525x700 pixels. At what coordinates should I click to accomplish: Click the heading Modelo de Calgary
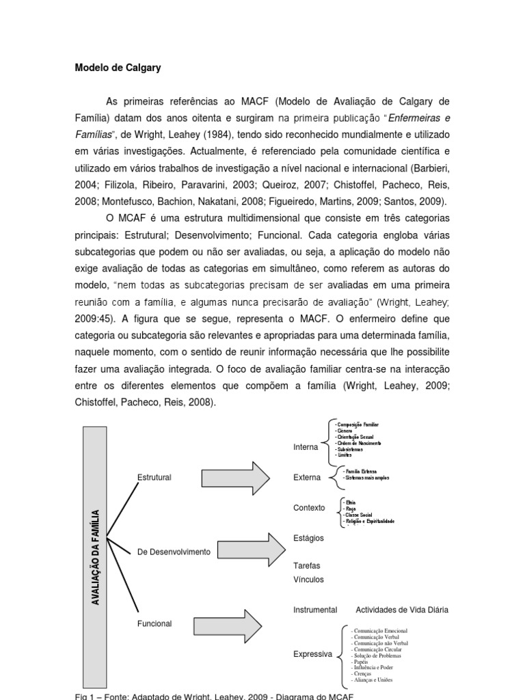117,68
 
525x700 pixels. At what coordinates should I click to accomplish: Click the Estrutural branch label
154,477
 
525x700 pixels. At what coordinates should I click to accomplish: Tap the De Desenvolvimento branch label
174,551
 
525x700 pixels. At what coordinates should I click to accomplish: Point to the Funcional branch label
154,623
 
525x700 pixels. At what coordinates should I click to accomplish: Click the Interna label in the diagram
306,447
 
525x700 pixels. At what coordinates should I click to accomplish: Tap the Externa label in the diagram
307,477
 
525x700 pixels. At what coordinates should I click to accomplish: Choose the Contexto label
309,508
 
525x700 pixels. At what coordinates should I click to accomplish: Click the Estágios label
308,538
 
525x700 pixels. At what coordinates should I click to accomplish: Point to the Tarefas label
306,566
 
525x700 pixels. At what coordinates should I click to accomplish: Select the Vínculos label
308,580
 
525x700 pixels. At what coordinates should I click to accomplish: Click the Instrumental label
315,609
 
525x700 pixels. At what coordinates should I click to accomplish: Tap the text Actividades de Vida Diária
402,609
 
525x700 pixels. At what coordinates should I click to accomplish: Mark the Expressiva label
312,654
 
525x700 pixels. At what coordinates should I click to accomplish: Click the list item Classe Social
362,515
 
